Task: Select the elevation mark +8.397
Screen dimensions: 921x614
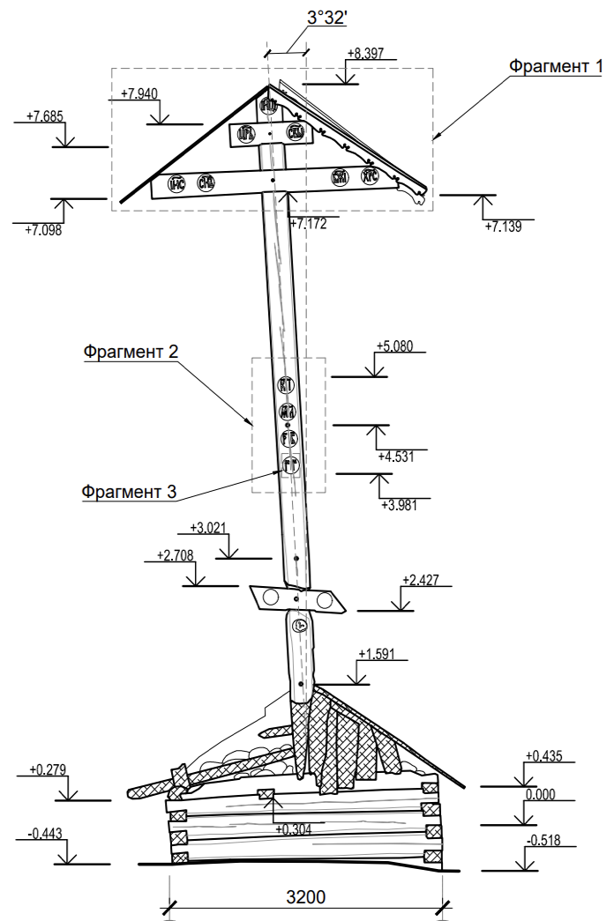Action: (x=366, y=54)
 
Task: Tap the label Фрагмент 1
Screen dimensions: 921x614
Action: (x=556, y=66)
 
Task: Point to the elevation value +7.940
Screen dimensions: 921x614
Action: (x=140, y=93)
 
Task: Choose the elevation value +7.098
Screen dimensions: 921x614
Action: (x=45, y=230)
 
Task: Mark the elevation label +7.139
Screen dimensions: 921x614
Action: (x=503, y=227)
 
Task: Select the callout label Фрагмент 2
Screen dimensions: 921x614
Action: (x=131, y=352)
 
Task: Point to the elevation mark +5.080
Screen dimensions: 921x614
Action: (x=394, y=345)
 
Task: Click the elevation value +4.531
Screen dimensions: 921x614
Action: (x=396, y=457)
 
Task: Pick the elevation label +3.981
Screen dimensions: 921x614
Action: (x=399, y=504)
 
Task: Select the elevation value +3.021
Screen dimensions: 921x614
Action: (x=208, y=529)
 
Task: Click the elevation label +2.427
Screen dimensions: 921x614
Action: (x=420, y=580)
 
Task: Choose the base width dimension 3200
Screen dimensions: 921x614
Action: (x=305, y=898)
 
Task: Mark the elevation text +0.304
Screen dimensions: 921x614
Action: (x=294, y=829)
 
